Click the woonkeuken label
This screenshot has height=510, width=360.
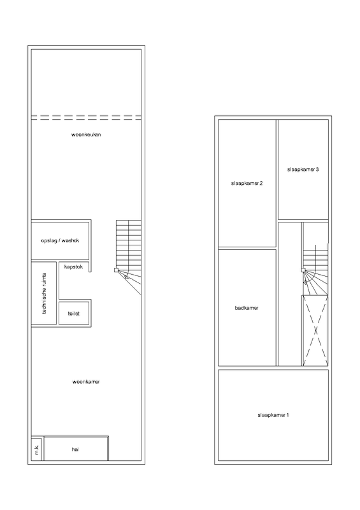coord(86,135)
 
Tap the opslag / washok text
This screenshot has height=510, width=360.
coord(61,241)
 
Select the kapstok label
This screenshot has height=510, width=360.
coord(73,267)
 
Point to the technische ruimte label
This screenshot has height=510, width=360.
coord(45,293)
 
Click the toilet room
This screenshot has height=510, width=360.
coord(73,314)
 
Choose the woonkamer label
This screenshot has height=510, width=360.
coord(86,382)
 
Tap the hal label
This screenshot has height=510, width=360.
coord(75,449)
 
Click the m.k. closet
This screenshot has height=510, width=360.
coord(37,449)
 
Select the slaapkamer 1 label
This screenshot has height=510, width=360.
coord(273,416)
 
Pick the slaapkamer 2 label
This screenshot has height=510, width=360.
coord(247,184)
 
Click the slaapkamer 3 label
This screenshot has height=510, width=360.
coord(303,170)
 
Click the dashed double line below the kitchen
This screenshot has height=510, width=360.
coord(86,117)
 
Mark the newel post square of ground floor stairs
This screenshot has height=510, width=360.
coord(116,270)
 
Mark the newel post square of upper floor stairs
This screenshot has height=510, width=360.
coord(303,269)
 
